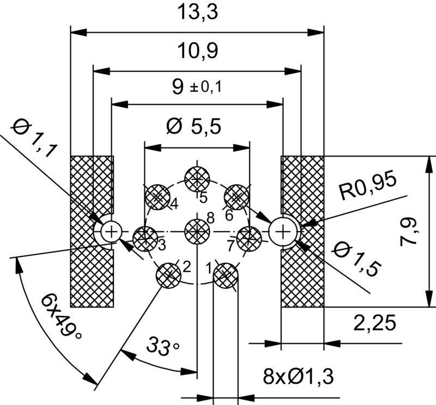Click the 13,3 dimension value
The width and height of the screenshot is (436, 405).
pos(197,12)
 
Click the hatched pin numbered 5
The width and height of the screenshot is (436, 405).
pos(197,178)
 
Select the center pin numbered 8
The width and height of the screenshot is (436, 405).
pos(197,232)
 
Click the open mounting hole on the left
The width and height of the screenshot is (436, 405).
pos(111,232)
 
